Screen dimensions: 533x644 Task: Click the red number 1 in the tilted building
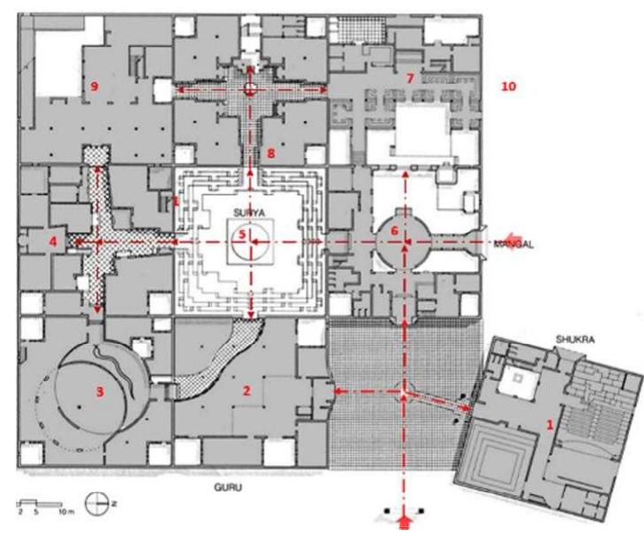tap(552, 423)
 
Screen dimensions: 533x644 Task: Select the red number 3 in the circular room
tap(101, 393)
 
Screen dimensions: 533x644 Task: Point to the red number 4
tap(55, 240)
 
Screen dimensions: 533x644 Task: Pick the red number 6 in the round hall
tap(395, 231)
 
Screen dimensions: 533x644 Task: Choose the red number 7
tap(410, 79)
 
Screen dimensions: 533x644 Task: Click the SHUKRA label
tap(550, 339)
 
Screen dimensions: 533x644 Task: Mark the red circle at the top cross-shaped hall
tap(252, 90)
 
